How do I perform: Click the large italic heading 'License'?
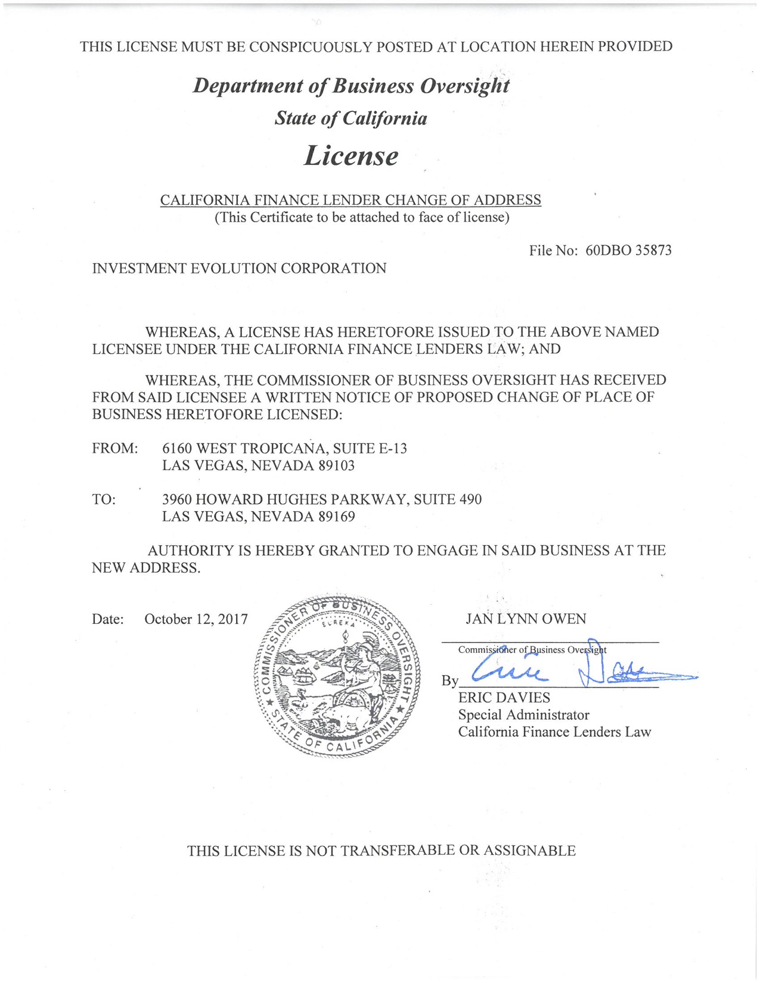click(351, 156)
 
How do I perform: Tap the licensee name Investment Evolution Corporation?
click(239, 269)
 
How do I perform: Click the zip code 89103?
click(336, 465)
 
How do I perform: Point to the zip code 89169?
click(336, 517)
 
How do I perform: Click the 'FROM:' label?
click(115, 449)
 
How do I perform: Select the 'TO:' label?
click(104, 500)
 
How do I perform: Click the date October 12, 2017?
click(196, 620)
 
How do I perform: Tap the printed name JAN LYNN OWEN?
click(526, 620)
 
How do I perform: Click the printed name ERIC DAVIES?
click(504, 698)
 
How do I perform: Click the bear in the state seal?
click(343, 718)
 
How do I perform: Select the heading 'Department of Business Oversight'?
click(351, 86)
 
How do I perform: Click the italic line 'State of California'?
click(351, 119)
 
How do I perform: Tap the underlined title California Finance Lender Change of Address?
click(350, 200)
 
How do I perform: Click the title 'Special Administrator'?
click(523, 715)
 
